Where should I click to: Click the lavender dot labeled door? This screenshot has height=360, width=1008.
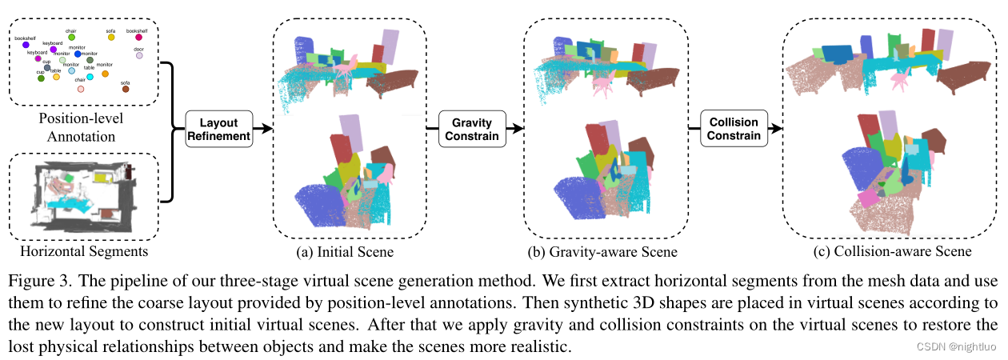[138, 56]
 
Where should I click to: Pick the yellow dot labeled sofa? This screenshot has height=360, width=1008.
[111, 38]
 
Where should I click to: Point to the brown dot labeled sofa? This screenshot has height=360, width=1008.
[126, 90]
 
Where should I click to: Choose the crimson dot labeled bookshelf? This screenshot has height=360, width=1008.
[138, 38]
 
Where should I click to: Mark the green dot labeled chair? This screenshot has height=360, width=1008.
[71, 37]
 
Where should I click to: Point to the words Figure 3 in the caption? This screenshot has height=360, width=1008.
[34, 282]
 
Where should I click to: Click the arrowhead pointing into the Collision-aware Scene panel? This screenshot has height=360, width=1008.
[774, 128]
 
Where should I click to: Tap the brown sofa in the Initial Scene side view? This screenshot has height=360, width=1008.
[398, 80]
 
